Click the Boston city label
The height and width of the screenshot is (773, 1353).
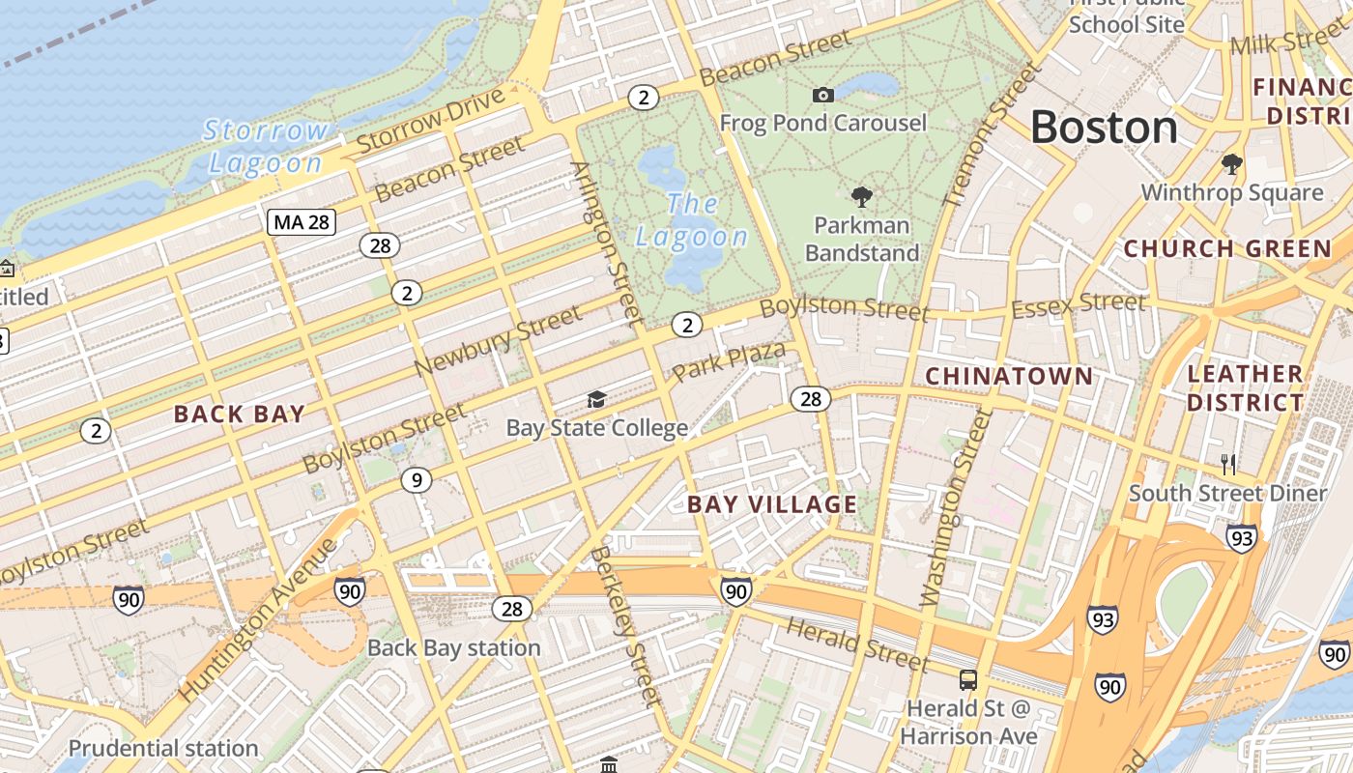(x=1104, y=128)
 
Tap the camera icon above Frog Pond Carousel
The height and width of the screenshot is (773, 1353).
(x=823, y=95)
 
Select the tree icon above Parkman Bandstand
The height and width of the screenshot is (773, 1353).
(x=861, y=197)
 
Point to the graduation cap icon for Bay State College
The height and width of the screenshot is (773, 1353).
(x=596, y=399)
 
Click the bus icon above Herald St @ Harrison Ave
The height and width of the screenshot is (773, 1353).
(x=967, y=679)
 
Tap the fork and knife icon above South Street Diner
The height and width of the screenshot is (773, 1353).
(x=1228, y=464)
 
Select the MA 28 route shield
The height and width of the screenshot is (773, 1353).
(x=302, y=222)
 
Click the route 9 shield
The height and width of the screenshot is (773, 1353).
(x=416, y=479)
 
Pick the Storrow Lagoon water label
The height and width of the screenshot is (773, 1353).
(x=266, y=146)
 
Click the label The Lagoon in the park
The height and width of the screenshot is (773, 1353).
(x=692, y=220)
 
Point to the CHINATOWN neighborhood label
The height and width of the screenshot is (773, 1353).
(x=1009, y=376)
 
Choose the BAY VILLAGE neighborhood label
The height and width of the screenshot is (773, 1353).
(x=771, y=504)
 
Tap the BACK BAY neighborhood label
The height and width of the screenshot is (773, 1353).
(x=239, y=415)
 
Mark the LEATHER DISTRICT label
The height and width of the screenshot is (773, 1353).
(x=1245, y=387)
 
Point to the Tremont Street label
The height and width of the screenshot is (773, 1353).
(x=993, y=133)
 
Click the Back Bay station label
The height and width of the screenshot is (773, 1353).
(x=453, y=647)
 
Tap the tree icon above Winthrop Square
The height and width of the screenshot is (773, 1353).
(x=1231, y=163)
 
